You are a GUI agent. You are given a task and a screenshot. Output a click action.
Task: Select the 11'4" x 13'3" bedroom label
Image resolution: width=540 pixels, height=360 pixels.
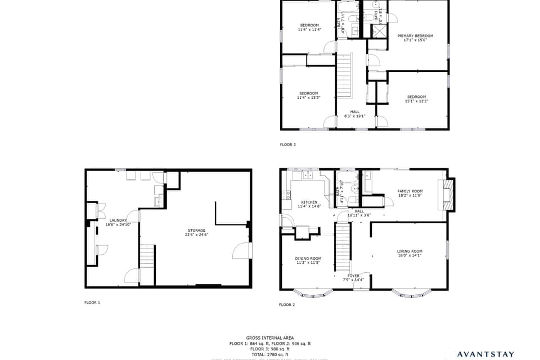click(308, 95)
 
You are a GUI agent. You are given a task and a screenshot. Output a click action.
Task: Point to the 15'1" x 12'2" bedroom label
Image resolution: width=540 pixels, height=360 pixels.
click(416, 98)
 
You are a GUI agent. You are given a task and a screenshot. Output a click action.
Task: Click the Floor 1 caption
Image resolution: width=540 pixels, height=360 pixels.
click(92, 303)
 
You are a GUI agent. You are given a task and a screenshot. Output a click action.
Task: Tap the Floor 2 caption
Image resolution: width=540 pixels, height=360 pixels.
click(287, 305)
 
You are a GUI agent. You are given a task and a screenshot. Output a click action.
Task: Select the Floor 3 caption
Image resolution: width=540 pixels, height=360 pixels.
click(287, 145)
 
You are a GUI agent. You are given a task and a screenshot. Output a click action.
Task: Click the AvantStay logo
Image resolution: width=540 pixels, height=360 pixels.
click(485, 354)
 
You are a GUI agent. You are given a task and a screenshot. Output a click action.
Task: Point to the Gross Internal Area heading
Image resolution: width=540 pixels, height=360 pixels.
click(269, 338)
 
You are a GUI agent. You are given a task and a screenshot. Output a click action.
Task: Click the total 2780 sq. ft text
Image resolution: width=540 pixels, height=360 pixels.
click(269, 354)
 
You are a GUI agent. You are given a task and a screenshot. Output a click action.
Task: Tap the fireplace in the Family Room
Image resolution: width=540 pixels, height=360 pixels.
click(448, 193)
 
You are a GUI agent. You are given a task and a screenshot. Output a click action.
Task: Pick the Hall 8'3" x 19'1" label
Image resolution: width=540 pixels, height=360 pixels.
click(354, 114)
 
